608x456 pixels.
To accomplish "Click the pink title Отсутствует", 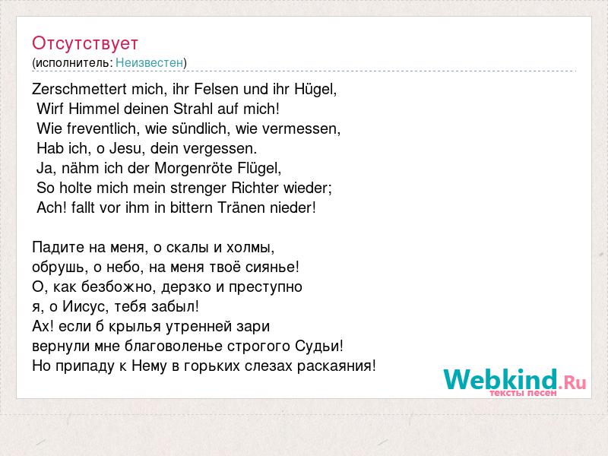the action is [85, 43].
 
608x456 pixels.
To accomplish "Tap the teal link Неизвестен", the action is [149, 63].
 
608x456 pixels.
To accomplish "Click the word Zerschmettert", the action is [80, 89].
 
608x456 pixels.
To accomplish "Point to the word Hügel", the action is [314, 90].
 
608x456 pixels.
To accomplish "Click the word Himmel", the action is [93, 109].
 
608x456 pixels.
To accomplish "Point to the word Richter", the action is [255, 188].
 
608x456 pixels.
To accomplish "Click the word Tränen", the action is [240, 207].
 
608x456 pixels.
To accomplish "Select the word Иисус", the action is [84, 307].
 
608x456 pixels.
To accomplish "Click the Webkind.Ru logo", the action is [515, 382].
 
